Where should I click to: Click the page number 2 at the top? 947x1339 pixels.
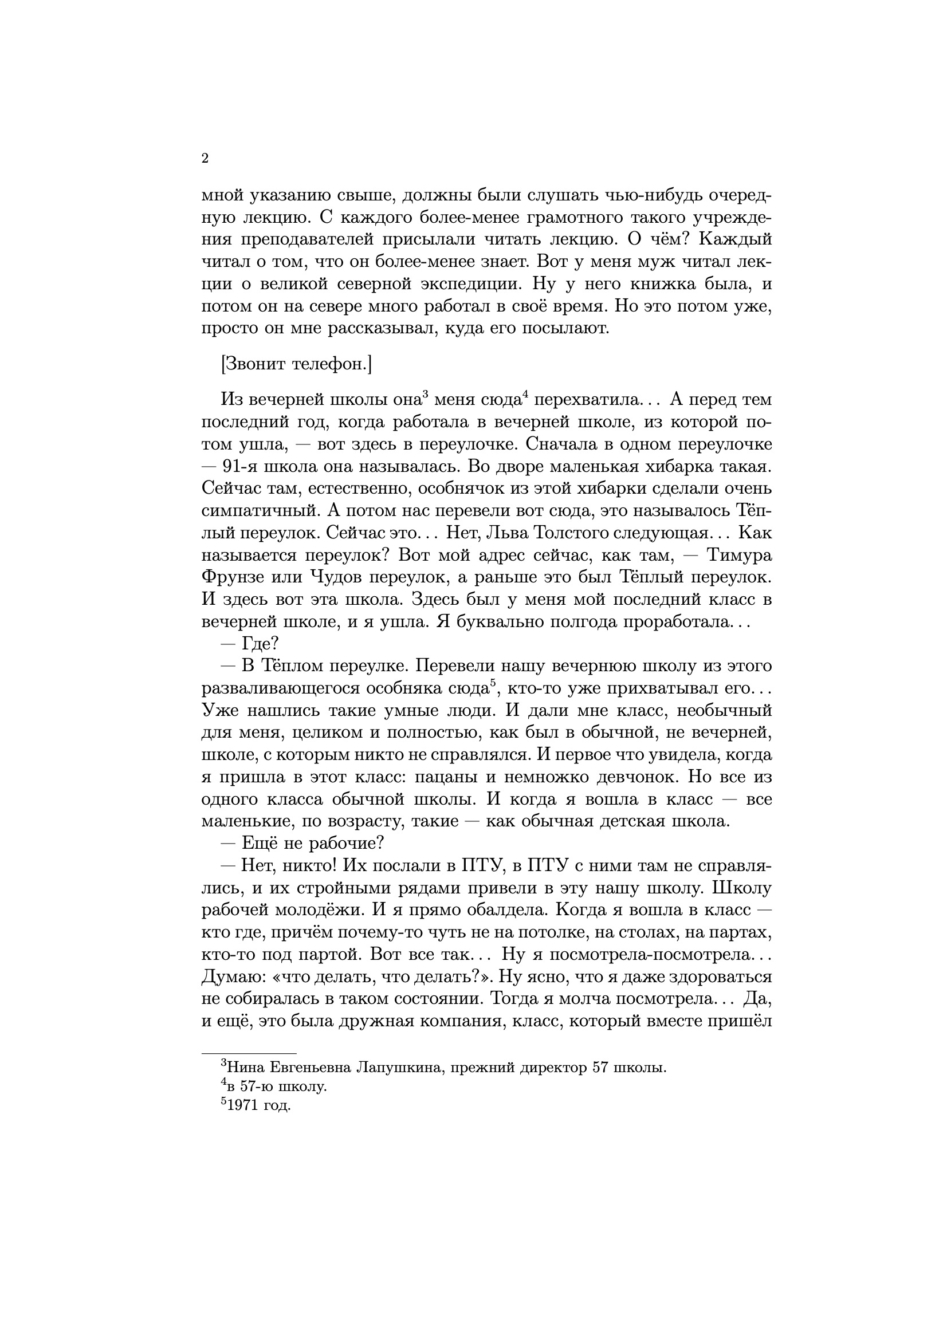click(205, 159)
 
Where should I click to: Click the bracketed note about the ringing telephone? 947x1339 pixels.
click(296, 364)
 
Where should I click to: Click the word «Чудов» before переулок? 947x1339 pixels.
click(335, 578)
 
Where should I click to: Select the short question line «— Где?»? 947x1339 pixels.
click(250, 644)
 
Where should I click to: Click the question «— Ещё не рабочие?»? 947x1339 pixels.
click(303, 844)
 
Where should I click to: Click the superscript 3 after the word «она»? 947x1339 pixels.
click(425, 394)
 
